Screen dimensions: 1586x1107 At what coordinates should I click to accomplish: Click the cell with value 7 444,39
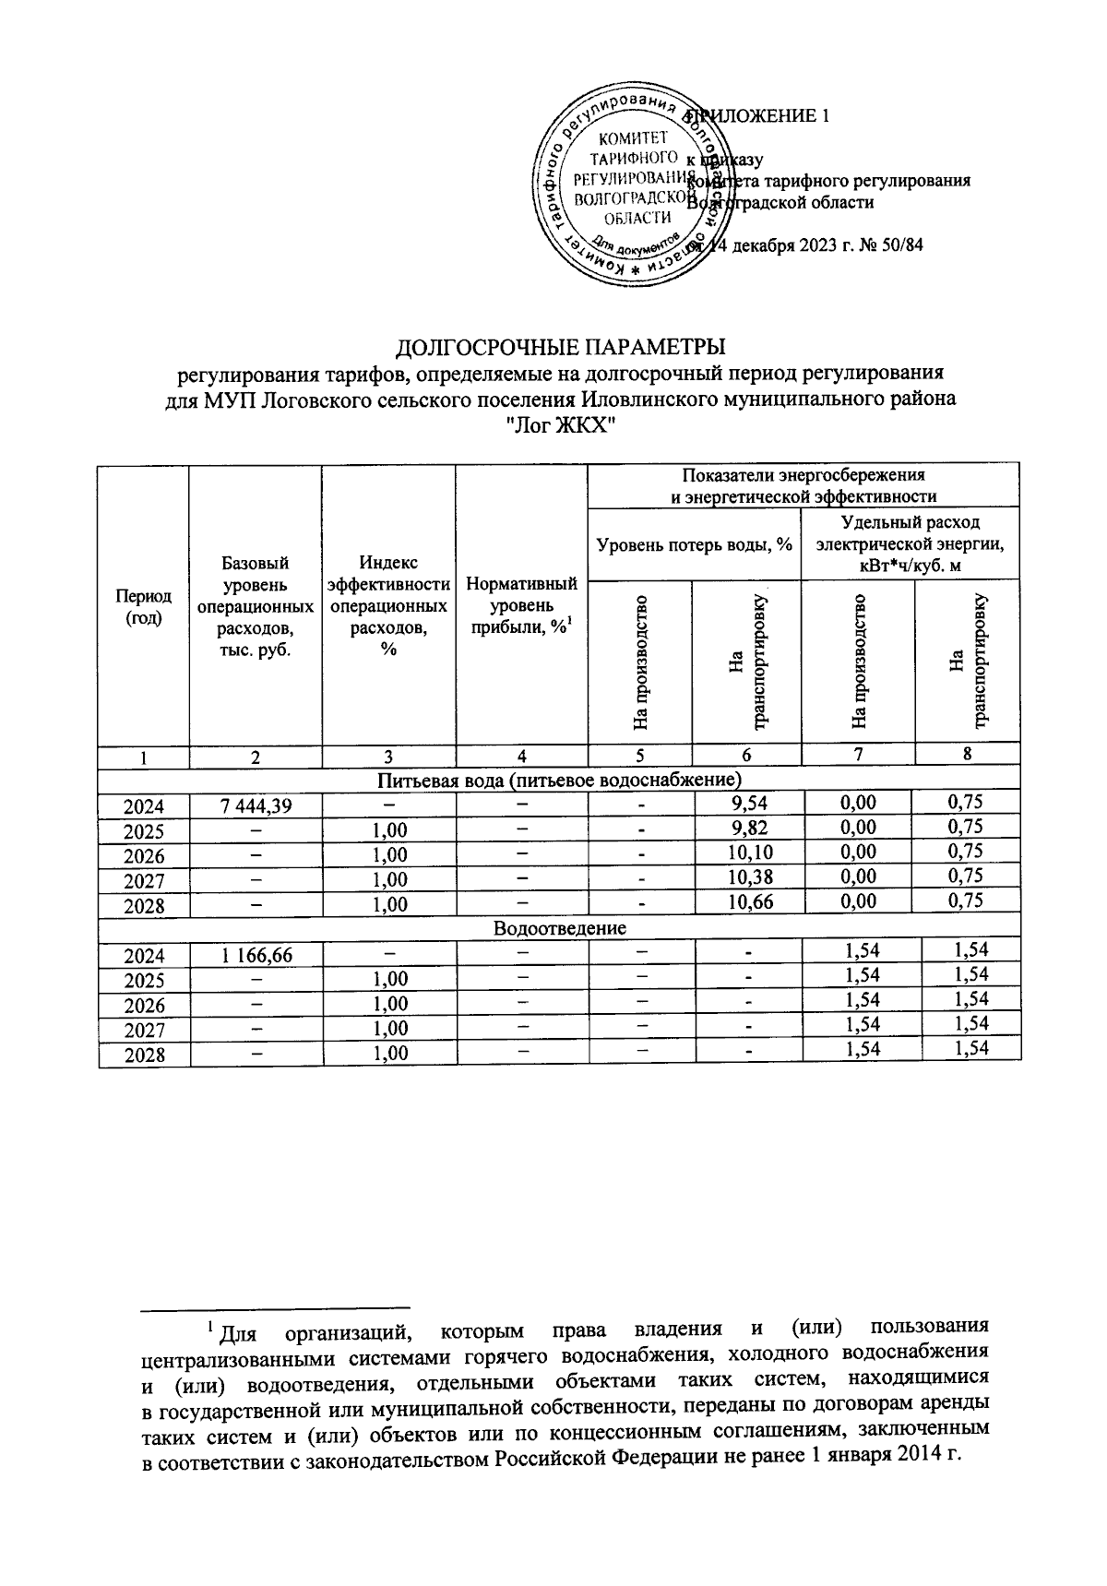(256, 805)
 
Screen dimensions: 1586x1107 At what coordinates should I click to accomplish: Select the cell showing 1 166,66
(256, 956)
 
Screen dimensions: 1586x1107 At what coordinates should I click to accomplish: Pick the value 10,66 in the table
(747, 902)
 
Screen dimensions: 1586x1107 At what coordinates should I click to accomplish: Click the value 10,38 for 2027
(747, 877)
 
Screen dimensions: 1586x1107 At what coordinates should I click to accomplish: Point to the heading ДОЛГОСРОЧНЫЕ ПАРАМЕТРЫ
(561, 348)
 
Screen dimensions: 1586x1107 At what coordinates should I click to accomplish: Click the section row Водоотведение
(560, 927)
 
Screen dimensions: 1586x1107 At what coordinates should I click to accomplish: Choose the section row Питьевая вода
(560, 780)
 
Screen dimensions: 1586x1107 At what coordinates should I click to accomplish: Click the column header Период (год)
(143, 608)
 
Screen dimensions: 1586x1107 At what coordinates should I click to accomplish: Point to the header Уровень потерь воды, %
(695, 544)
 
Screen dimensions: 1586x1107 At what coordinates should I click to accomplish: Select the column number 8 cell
(967, 755)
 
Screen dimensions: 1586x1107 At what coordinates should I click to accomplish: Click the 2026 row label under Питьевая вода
(144, 855)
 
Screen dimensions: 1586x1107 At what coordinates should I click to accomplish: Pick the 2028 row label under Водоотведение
(144, 1055)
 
